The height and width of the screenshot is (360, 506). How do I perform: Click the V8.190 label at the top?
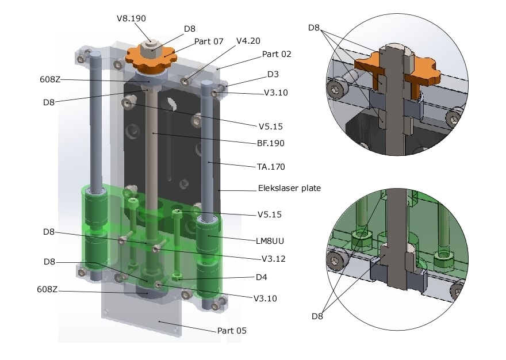pyautogui.click(x=131, y=18)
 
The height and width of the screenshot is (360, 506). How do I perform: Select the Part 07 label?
pyautogui.click(x=209, y=41)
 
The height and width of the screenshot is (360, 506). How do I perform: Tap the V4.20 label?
pyautogui.click(x=248, y=41)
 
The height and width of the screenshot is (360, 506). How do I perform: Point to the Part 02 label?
pyautogui.click(x=277, y=54)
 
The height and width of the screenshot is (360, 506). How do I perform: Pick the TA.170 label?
pyautogui.click(x=271, y=167)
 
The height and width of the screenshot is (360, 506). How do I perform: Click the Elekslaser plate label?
pyautogui.click(x=288, y=188)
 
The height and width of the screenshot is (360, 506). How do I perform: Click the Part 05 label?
pyautogui.click(x=232, y=331)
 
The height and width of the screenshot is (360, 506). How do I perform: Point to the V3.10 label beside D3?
pyautogui.click(x=275, y=93)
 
